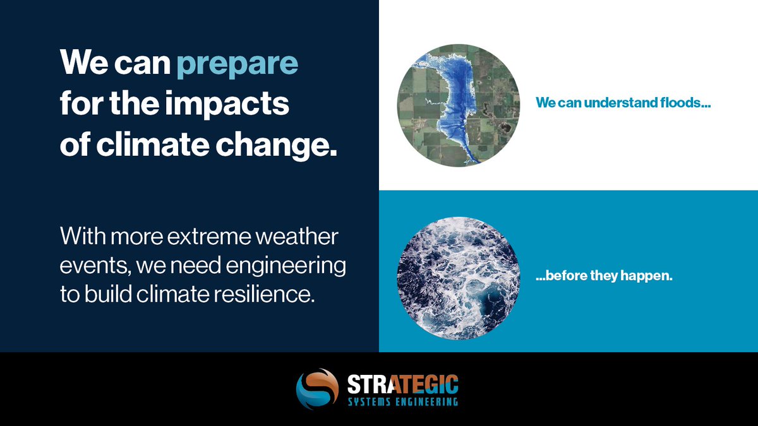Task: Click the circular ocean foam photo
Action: pos(458,277)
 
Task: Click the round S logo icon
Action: pos(317,389)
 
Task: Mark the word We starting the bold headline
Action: pos(83,65)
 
